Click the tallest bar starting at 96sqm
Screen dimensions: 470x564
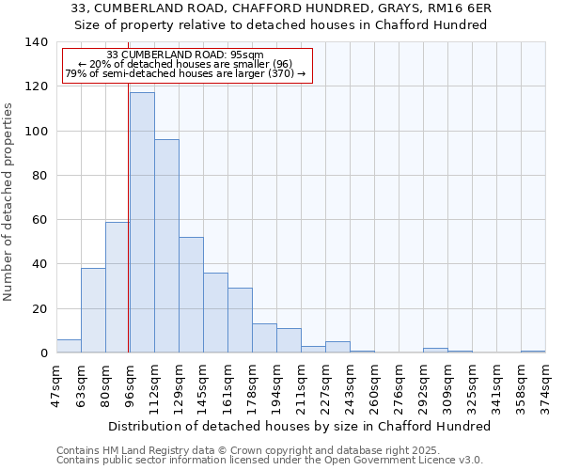[142, 223]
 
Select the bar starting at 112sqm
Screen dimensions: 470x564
[166, 246]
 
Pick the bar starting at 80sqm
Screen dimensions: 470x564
[117, 288]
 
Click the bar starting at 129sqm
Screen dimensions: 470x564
[191, 295]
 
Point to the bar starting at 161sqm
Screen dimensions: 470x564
[240, 321]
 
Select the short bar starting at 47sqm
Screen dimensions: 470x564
[69, 346]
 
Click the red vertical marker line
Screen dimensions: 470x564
[129, 235]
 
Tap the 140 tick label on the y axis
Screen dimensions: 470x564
[37, 42]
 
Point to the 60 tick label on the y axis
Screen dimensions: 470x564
[40, 220]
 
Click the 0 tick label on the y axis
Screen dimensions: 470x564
[44, 353]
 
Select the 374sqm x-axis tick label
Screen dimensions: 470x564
[545, 385]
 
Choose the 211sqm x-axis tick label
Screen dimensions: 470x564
[301, 385]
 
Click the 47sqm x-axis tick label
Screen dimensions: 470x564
[56, 385]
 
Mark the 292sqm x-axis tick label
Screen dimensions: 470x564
[423, 385]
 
